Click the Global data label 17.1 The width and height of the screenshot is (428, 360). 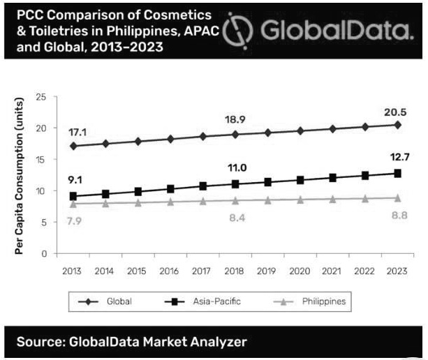78,132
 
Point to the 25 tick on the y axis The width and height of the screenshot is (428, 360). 41,96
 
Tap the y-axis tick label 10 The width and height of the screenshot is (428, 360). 41,191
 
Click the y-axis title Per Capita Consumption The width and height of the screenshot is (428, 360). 20,174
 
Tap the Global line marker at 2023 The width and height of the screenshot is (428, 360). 397,125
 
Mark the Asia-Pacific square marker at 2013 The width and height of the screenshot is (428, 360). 73,197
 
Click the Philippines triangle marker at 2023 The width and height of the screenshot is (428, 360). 397,197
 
